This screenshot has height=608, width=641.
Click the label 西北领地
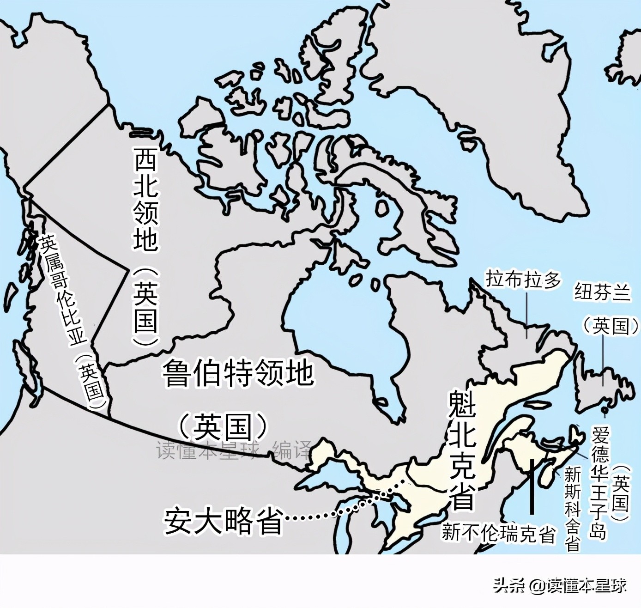(x=146, y=199)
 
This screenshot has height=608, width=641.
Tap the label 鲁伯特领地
(x=238, y=373)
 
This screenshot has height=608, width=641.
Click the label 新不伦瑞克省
(x=498, y=533)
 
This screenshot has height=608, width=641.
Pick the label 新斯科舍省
(x=573, y=509)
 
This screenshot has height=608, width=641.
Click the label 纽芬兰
(x=602, y=292)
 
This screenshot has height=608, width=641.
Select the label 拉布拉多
(x=523, y=280)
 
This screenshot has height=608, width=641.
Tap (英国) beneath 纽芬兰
(x=611, y=327)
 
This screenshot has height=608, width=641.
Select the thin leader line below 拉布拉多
(x=527, y=314)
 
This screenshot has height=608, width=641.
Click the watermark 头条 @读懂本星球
(x=560, y=586)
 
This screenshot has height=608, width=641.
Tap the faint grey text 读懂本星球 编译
(x=233, y=450)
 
